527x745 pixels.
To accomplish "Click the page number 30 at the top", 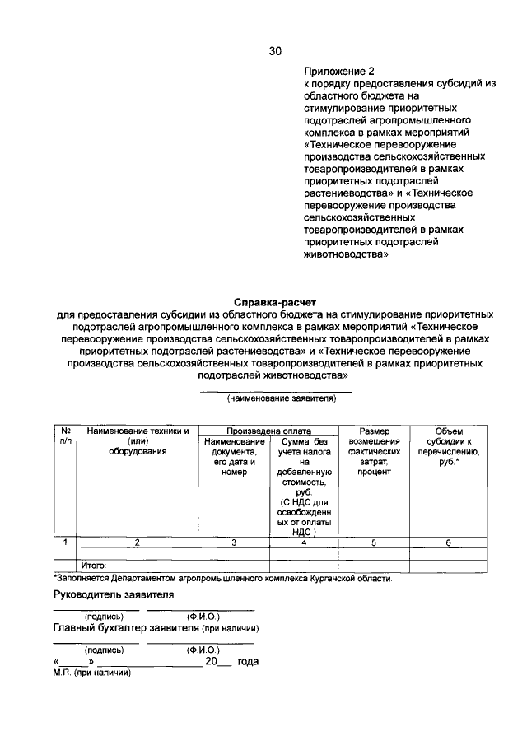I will [275, 51].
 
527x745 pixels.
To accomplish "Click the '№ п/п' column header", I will [65, 435].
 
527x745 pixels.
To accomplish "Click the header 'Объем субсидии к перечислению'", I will [448, 446].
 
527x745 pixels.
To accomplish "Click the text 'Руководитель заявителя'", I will [114, 594].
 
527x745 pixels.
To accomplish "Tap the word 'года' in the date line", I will [248, 661].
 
